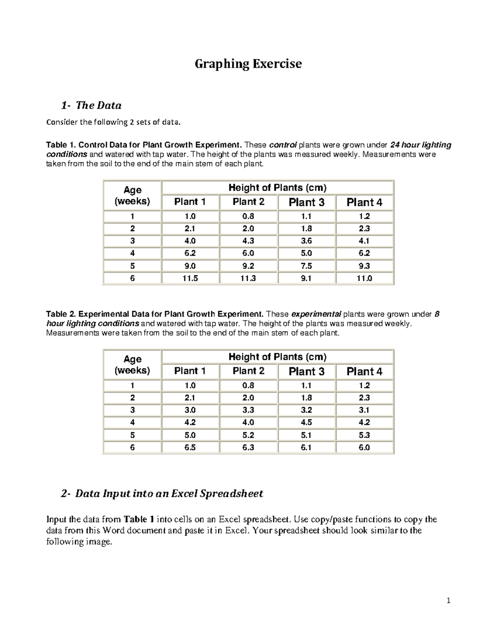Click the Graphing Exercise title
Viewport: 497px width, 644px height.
tap(248, 64)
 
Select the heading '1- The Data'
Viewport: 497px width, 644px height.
tap(91, 105)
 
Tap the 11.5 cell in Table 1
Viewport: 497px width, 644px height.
tap(190, 278)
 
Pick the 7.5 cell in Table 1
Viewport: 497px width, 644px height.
tap(306, 266)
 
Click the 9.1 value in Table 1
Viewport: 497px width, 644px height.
tap(306, 278)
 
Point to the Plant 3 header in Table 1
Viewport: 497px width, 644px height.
tap(306, 202)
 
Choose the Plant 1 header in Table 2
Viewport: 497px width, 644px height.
tap(190, 371)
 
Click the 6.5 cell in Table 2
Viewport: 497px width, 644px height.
tap(190, 447)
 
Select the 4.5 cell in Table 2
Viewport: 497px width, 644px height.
tap(306, 423)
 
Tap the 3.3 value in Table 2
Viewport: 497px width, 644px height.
tap(248, 410)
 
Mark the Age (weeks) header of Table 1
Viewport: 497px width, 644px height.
tap(132, 196)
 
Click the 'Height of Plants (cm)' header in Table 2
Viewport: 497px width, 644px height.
tap(277, 357)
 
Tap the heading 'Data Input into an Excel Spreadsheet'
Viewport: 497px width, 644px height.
tap(169, 493)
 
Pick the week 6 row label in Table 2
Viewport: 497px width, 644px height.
tap(132, 447)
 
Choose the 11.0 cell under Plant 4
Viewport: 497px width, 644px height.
tap(364, 278)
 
